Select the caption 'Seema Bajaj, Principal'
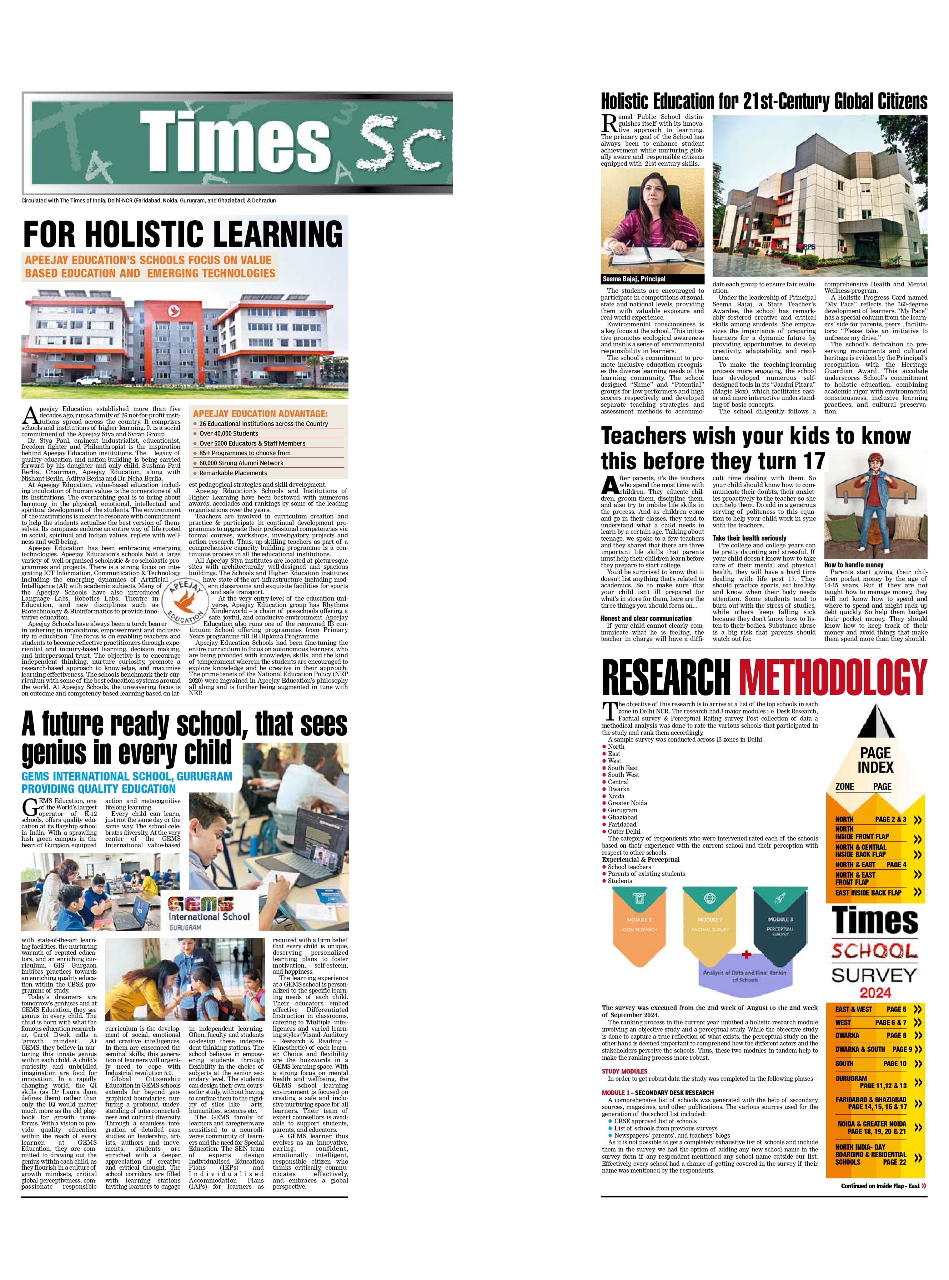pos(634,278)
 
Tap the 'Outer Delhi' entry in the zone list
pos(624,831)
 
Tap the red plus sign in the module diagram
pos(746,955)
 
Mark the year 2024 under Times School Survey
pos(875,993)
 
